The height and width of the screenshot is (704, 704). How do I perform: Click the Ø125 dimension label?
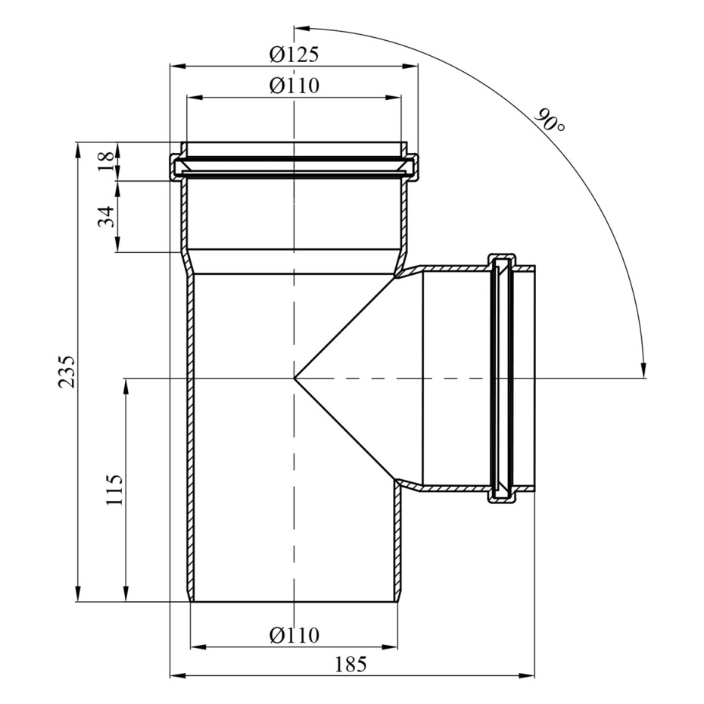(294, 55)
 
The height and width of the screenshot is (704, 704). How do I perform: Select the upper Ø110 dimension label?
(294, 86)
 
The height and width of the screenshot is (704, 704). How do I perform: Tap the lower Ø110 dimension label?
(294, 635)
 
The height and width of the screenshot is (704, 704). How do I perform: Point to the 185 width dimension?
(351, 664)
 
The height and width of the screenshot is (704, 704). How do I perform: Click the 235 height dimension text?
(66, 372)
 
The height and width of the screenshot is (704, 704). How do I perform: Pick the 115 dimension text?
(114, 489)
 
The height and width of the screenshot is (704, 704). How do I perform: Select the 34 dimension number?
(107, 216)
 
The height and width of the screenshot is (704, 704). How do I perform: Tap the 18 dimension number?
(107, 162)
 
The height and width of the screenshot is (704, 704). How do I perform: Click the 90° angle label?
(550, 120)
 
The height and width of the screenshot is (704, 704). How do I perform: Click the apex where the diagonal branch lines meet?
(294, 378)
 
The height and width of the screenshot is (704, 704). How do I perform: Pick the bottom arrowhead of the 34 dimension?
(117, 244)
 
